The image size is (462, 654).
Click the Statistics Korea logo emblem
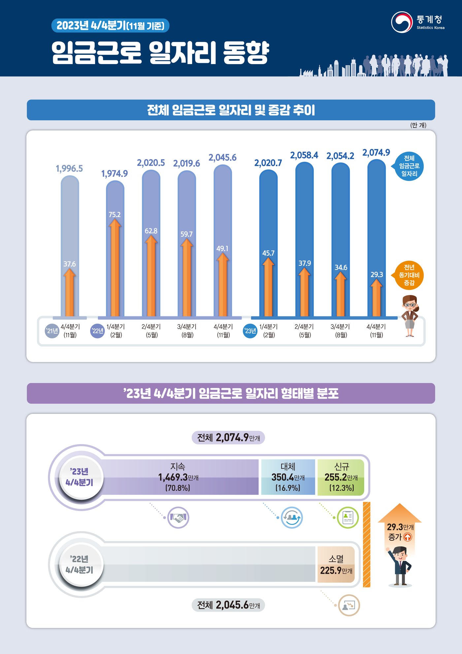(402, 22)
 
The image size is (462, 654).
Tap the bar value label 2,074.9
(376, 153)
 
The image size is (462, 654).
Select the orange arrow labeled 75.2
(115, 268)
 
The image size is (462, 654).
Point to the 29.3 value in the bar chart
(377, 274)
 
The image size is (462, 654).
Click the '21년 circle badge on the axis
(52, 331)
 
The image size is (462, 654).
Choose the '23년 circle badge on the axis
(250, 331)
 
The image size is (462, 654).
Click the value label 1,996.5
(69, 168)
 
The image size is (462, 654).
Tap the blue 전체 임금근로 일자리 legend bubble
(409, 166)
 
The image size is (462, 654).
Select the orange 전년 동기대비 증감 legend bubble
(409, 275)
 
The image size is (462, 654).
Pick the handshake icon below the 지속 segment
(178, 517)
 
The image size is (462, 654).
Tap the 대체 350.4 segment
(288, 477)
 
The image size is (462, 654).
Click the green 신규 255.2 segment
(341, 477)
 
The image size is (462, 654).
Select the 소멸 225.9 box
(336, 564)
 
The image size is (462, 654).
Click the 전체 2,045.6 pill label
(228, 605)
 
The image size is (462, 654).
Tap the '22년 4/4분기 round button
(80, 564)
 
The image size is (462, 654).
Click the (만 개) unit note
(418, 125)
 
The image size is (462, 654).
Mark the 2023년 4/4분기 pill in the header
(110, 26)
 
